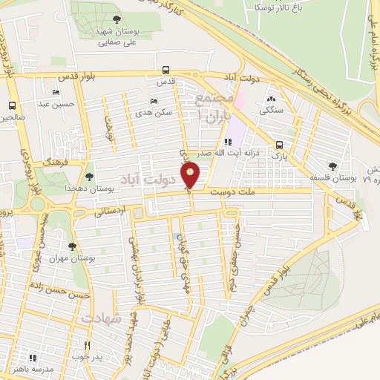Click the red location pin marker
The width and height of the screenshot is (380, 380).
(x=191, y=174)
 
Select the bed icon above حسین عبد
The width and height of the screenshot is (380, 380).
(x=57, y=92)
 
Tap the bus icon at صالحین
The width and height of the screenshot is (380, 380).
(x=12, y=105)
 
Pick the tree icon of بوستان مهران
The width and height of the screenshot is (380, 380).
(x=72, y=246)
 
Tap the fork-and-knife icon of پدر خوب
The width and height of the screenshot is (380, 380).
(x=87, y=345)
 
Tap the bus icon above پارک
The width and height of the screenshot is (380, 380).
(x=279, y=145)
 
